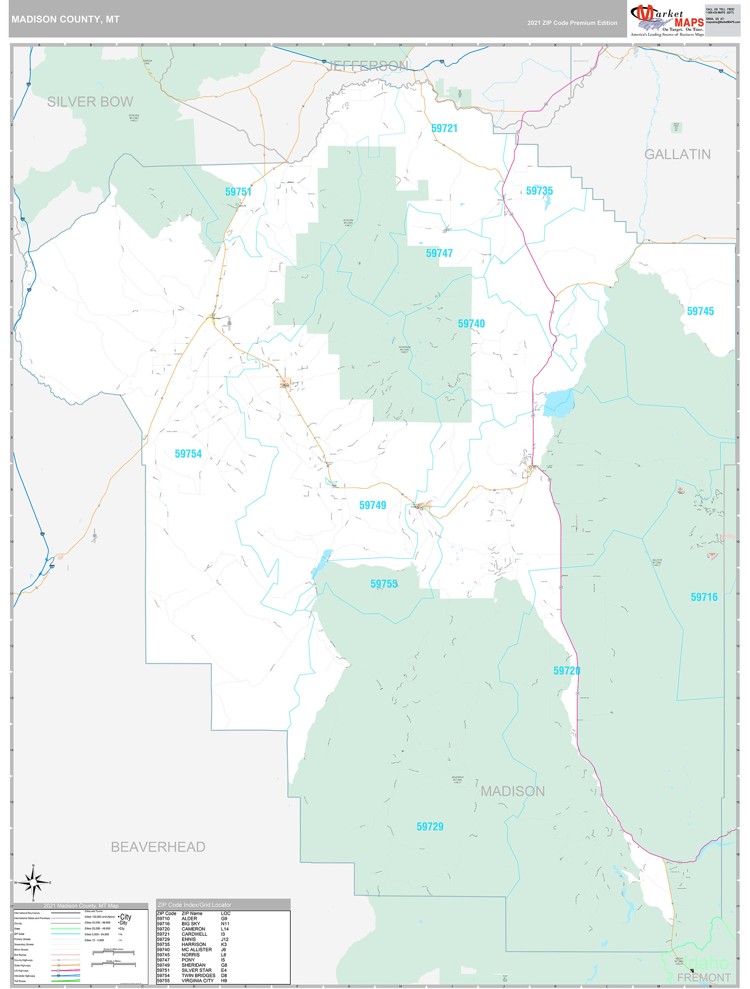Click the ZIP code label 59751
[x=238, y=192]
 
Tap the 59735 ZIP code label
[x=539, y=191]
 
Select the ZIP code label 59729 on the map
[x=430, y=827]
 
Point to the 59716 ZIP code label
[x=704, y=597]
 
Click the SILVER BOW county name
[x=90, y=102]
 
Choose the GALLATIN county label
[x=677, y=154]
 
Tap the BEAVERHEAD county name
[x=158, y=847]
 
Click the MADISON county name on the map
[x=513, y=791]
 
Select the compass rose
[x=33, y=882]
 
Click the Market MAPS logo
[x=667, y=20]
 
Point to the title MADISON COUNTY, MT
[x=65, y=19]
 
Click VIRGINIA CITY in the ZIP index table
[x=198, y=981]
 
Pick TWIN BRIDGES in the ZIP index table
[x=198, y=976]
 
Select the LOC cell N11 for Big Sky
[x=225, y=924]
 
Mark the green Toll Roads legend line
[x=66, y=981]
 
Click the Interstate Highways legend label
[x=25, y=976]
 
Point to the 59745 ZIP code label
[x=700, y=311]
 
